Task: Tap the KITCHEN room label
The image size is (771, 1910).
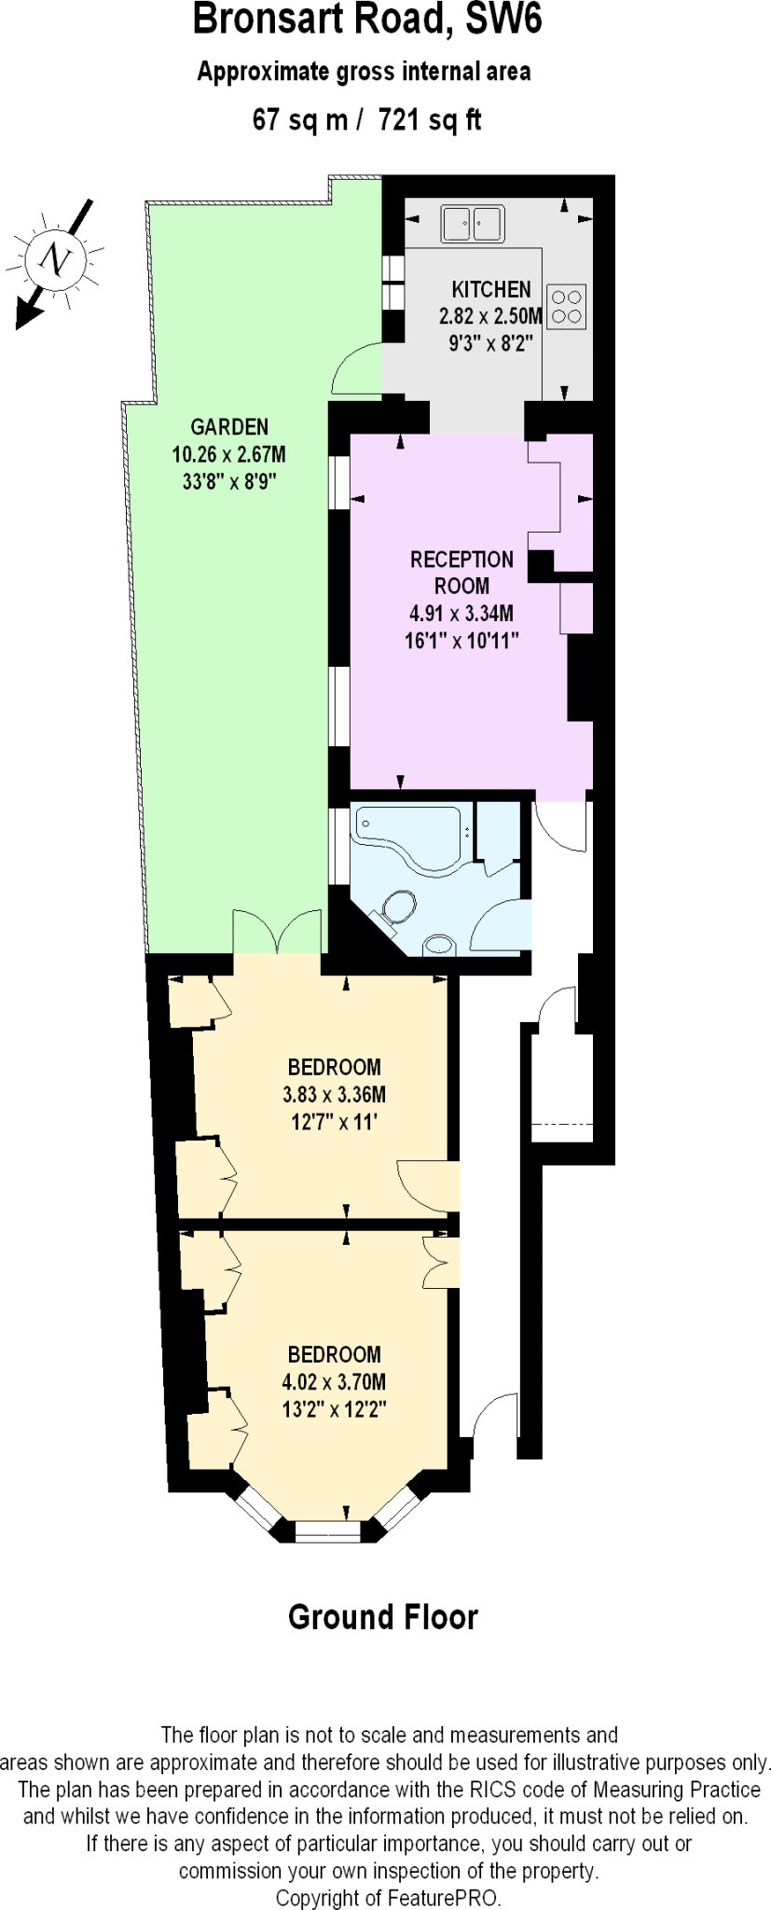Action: point(491,289)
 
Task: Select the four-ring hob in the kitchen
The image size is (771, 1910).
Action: point(566,306)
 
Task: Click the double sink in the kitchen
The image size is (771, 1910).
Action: point(472,224)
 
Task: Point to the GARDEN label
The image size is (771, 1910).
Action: point(229,427)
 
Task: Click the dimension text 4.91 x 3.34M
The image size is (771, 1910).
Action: point(461,614)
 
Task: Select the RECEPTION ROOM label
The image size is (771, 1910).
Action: point(461,573)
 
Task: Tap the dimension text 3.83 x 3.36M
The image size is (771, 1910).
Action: point(334,1094)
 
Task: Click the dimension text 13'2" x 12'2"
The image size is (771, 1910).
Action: point(334,1409)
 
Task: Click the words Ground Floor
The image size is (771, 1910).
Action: point(383,1616)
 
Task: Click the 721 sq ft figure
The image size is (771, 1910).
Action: point(430,120)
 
